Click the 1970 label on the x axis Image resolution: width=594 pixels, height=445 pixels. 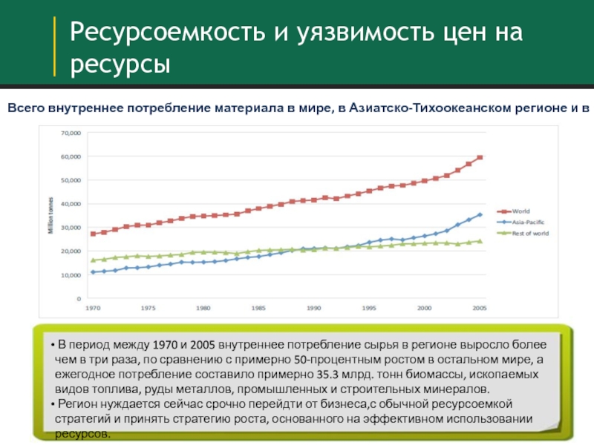coord(94,307)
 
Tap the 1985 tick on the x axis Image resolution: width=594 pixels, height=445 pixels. coord(258,307)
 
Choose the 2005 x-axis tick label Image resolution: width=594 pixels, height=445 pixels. coord(479,307)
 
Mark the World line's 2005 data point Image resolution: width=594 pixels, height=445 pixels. coord(480,157)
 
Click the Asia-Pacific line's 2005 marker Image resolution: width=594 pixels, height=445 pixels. coord(480,215)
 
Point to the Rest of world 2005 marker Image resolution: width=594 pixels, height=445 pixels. coord(480,241)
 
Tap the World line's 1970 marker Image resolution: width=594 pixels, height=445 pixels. coord(93,234)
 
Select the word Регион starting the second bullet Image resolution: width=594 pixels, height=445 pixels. coord(75,403)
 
